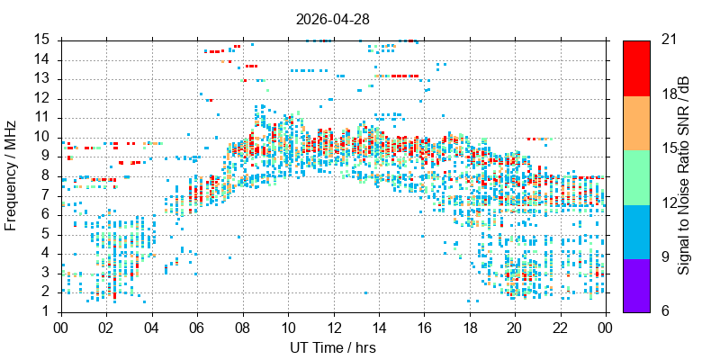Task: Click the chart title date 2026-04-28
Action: click(332, 19)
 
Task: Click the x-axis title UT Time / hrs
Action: click(333, 347)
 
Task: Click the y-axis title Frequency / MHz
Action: click(11, 175)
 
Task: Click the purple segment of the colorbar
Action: click(636, 285)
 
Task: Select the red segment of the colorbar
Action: click(636, 68)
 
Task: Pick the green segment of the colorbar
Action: click(636, 177)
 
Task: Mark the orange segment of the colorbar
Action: click(636, 123)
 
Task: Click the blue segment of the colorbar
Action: click(636, 232)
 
